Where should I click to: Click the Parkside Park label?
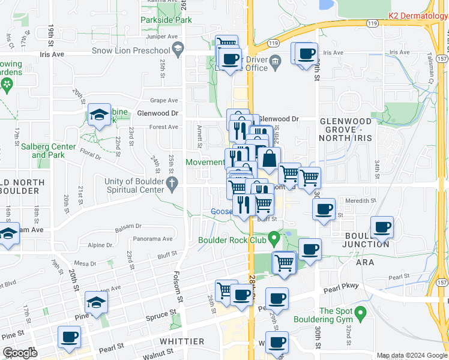click(x=166, y=20)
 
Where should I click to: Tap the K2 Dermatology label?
click(x=418, y=15)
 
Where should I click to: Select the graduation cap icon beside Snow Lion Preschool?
click(x=177, y=49)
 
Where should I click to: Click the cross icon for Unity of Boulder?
click(x=172, y=185)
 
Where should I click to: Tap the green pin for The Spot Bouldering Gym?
click(x=360, y=313)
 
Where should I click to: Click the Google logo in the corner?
click(x=19, y=353)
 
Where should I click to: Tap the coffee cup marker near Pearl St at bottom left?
click(x=69, y=337)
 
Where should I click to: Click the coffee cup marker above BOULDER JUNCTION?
click(x=382, y=227)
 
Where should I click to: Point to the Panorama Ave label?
click(x=152, y=238)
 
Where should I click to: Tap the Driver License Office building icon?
click(x=276, y=60)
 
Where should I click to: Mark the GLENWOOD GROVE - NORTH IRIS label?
click(x=346, y=129)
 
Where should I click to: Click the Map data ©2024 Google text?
click(x=411, y=355)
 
